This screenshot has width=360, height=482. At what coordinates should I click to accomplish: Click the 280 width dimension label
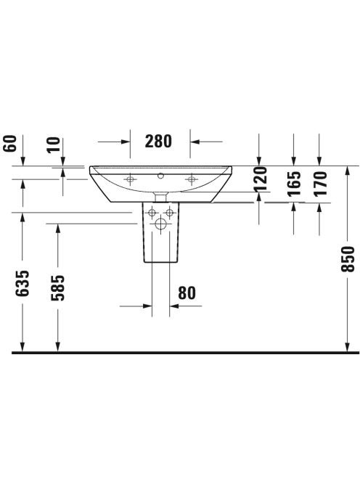point(158,142)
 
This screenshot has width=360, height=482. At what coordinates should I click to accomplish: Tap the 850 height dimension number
point(348,259)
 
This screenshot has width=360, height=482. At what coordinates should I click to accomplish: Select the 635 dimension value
point(22,283)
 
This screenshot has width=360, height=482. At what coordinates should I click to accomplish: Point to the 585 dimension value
point(57,287)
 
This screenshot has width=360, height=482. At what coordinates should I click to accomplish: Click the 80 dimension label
point(187,293)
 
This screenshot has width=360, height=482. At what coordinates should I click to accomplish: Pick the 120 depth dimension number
point(259,179)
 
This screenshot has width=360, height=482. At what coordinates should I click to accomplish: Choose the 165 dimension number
point(294,184)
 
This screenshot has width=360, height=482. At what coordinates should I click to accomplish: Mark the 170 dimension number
point(320,184)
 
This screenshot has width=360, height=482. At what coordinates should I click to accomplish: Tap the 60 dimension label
point(10,143)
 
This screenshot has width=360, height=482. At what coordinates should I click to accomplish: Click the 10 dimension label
point(54,144)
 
